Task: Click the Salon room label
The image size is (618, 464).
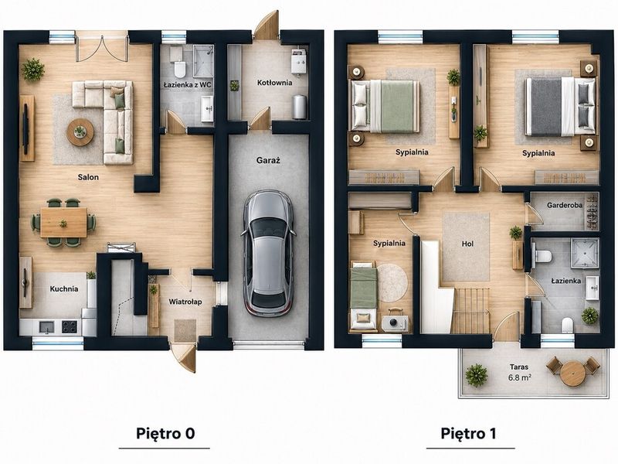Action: (88, 177)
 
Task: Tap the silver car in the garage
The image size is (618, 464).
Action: (269, 254)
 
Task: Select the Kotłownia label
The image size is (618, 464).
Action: (275, 83)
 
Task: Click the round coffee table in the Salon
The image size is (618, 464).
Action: (80, 132)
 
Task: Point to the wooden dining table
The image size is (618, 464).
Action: (63, 223)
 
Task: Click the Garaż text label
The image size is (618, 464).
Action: (268, 160)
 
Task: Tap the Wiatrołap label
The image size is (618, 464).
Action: (185, 302)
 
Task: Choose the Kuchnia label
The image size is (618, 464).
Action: (64, 288)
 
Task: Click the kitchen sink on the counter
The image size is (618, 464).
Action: (46, 326)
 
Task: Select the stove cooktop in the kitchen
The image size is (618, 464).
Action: (70, 326)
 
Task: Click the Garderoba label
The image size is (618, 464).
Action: (565, 205)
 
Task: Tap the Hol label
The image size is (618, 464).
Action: (467, 244)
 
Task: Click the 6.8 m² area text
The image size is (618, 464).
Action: (518, 377)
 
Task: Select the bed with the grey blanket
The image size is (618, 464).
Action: (559, 107)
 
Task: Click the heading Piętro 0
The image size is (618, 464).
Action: (165, 433)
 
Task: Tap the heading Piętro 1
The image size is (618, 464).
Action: (468, 433)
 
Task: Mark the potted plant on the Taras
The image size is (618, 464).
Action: (477, 375)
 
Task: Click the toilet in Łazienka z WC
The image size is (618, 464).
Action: (180, 69)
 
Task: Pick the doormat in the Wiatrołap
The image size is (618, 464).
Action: (185, 330)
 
